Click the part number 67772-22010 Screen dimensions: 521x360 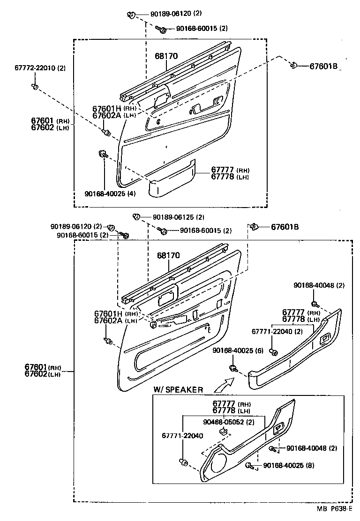40,68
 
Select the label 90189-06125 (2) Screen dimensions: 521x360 172,217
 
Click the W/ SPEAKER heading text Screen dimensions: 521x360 178,390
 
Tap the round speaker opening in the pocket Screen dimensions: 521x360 217,465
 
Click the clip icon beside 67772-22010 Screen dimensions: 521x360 35,86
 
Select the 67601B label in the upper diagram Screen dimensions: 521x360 323,66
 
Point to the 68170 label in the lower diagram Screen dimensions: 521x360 168,256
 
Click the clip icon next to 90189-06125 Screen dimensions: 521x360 136,216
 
